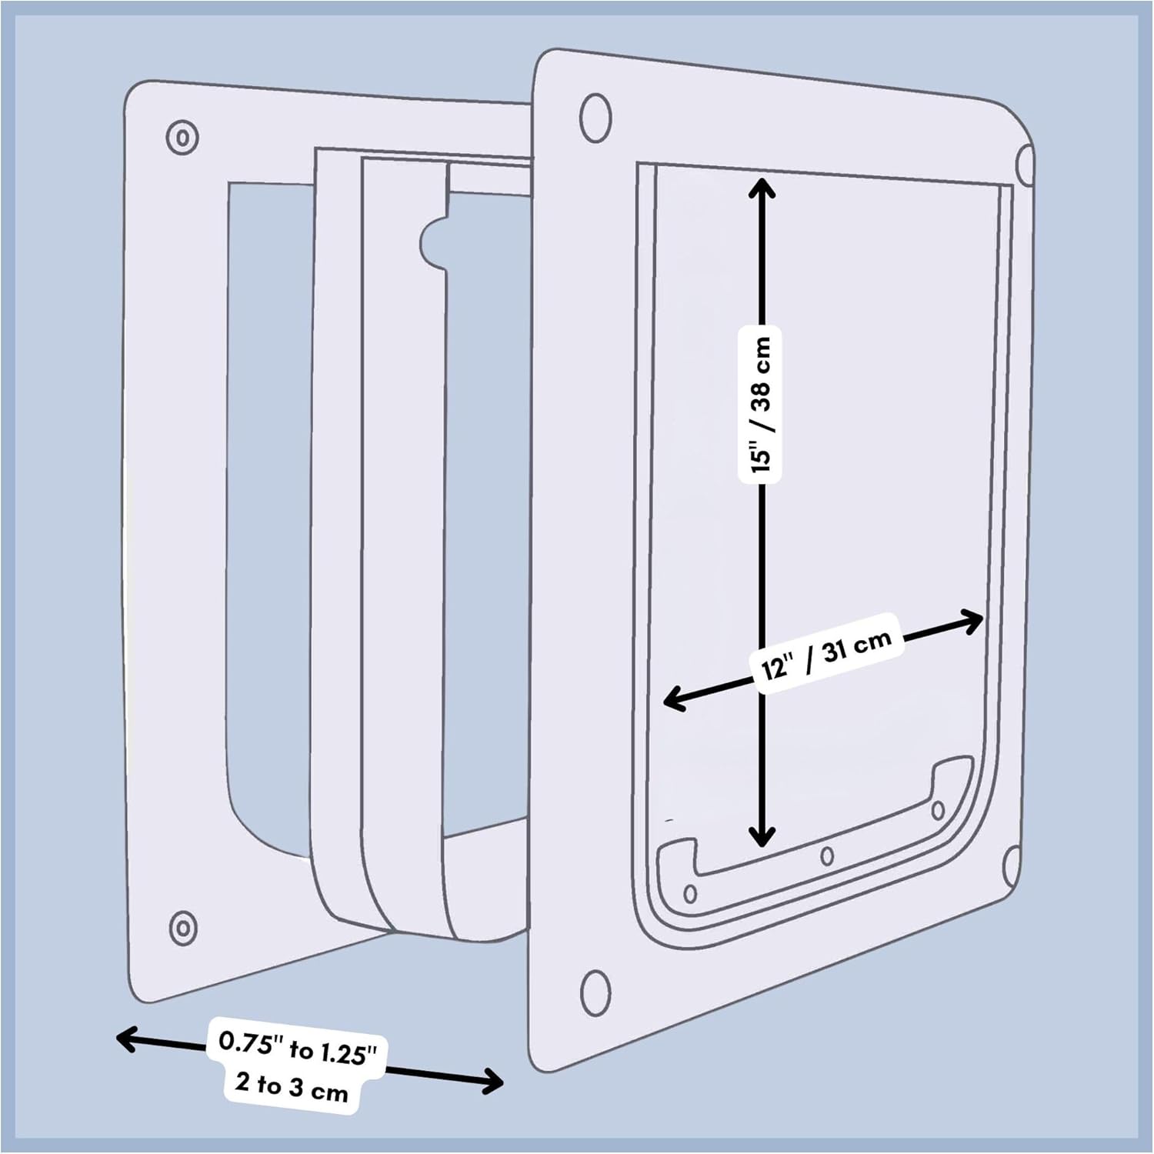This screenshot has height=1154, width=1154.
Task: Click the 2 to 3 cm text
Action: tap(292, 1086)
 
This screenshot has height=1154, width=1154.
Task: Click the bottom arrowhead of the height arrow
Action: tap(762, 837)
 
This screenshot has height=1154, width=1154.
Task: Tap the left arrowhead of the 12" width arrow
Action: tap(672, 699)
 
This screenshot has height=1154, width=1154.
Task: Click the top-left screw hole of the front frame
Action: tap(595, 118)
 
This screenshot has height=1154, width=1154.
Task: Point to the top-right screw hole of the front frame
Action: tap(1026, 164)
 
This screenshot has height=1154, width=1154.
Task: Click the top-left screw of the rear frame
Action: tap(182, 138)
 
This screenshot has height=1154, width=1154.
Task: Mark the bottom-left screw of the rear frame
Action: tap(182, 927)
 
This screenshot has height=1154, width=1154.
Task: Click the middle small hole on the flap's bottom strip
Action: tap(827, 855)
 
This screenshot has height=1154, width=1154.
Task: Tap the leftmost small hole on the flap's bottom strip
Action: tap(690, 893)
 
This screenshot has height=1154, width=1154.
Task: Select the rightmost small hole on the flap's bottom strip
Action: tap(938, 810)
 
